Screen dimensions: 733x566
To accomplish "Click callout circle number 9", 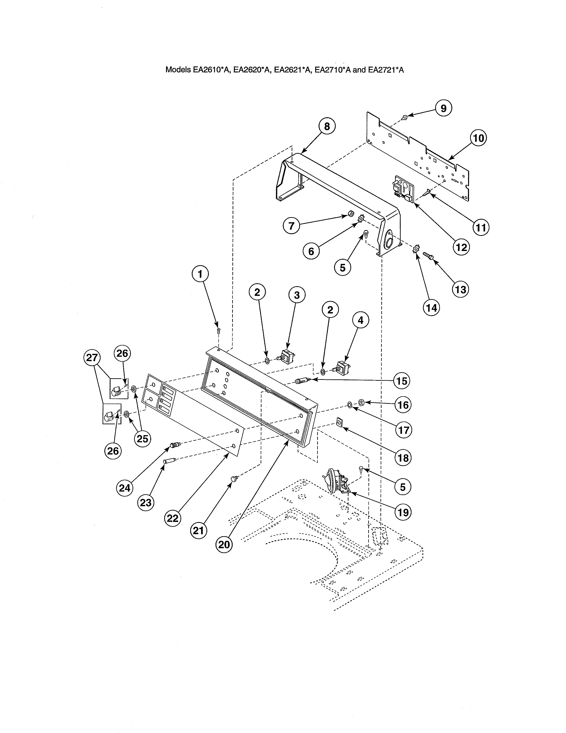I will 443,108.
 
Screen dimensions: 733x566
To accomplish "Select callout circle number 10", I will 479,138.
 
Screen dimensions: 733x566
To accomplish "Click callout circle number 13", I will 461,289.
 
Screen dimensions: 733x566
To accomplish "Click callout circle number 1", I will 200,275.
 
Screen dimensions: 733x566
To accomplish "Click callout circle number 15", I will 402,381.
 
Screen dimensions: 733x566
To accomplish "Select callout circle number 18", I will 403,457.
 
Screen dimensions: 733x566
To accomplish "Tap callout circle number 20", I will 224,544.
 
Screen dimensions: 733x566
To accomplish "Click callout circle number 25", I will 142,438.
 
